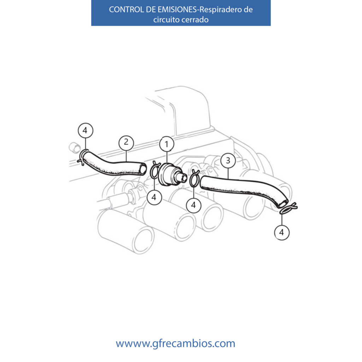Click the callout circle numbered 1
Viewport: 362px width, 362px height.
167,144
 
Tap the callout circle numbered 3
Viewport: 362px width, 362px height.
228,160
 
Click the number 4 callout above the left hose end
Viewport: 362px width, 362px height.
86,130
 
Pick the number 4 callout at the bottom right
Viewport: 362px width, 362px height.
282,232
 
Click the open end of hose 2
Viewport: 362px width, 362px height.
143,169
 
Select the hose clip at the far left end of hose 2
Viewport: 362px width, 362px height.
83,157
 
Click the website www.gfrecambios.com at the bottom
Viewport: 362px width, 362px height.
175,343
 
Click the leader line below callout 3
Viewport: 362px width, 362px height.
228,173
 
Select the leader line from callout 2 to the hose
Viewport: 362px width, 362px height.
126,156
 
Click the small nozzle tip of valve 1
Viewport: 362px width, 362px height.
184,177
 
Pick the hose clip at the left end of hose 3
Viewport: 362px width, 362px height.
194,178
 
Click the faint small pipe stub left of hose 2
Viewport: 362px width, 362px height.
75,147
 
